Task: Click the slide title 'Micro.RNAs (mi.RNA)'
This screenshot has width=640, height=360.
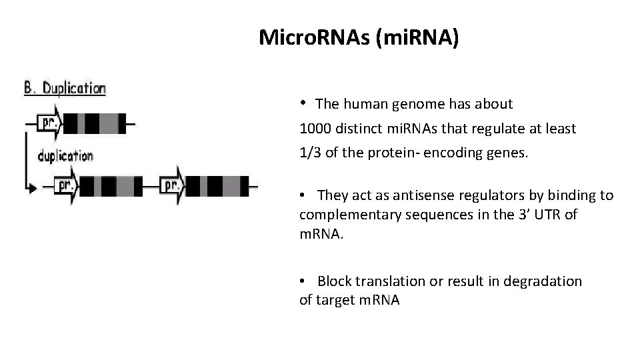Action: pyautogui.click(x=359, y=38)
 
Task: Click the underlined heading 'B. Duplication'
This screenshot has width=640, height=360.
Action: pyautogui.click(x=65, y=88)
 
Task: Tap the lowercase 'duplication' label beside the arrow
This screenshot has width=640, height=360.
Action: pyautogui.click(x=65, y=156)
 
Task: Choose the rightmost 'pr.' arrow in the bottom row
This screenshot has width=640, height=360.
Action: pyautogui.click(x=172, y=185)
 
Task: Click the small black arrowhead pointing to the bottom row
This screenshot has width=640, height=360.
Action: pyautogui.click(x=31, y=189)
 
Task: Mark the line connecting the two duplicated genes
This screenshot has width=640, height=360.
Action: pyautogui.click(x=151, y=186)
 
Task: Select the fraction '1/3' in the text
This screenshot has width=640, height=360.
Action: pyautogui.click(x=310, y=153)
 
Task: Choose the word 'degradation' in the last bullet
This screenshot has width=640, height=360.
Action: pyautogui.click(x=543, y=281)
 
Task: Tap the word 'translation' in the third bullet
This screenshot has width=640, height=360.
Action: pyautogui.click(x=391, y=281)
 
